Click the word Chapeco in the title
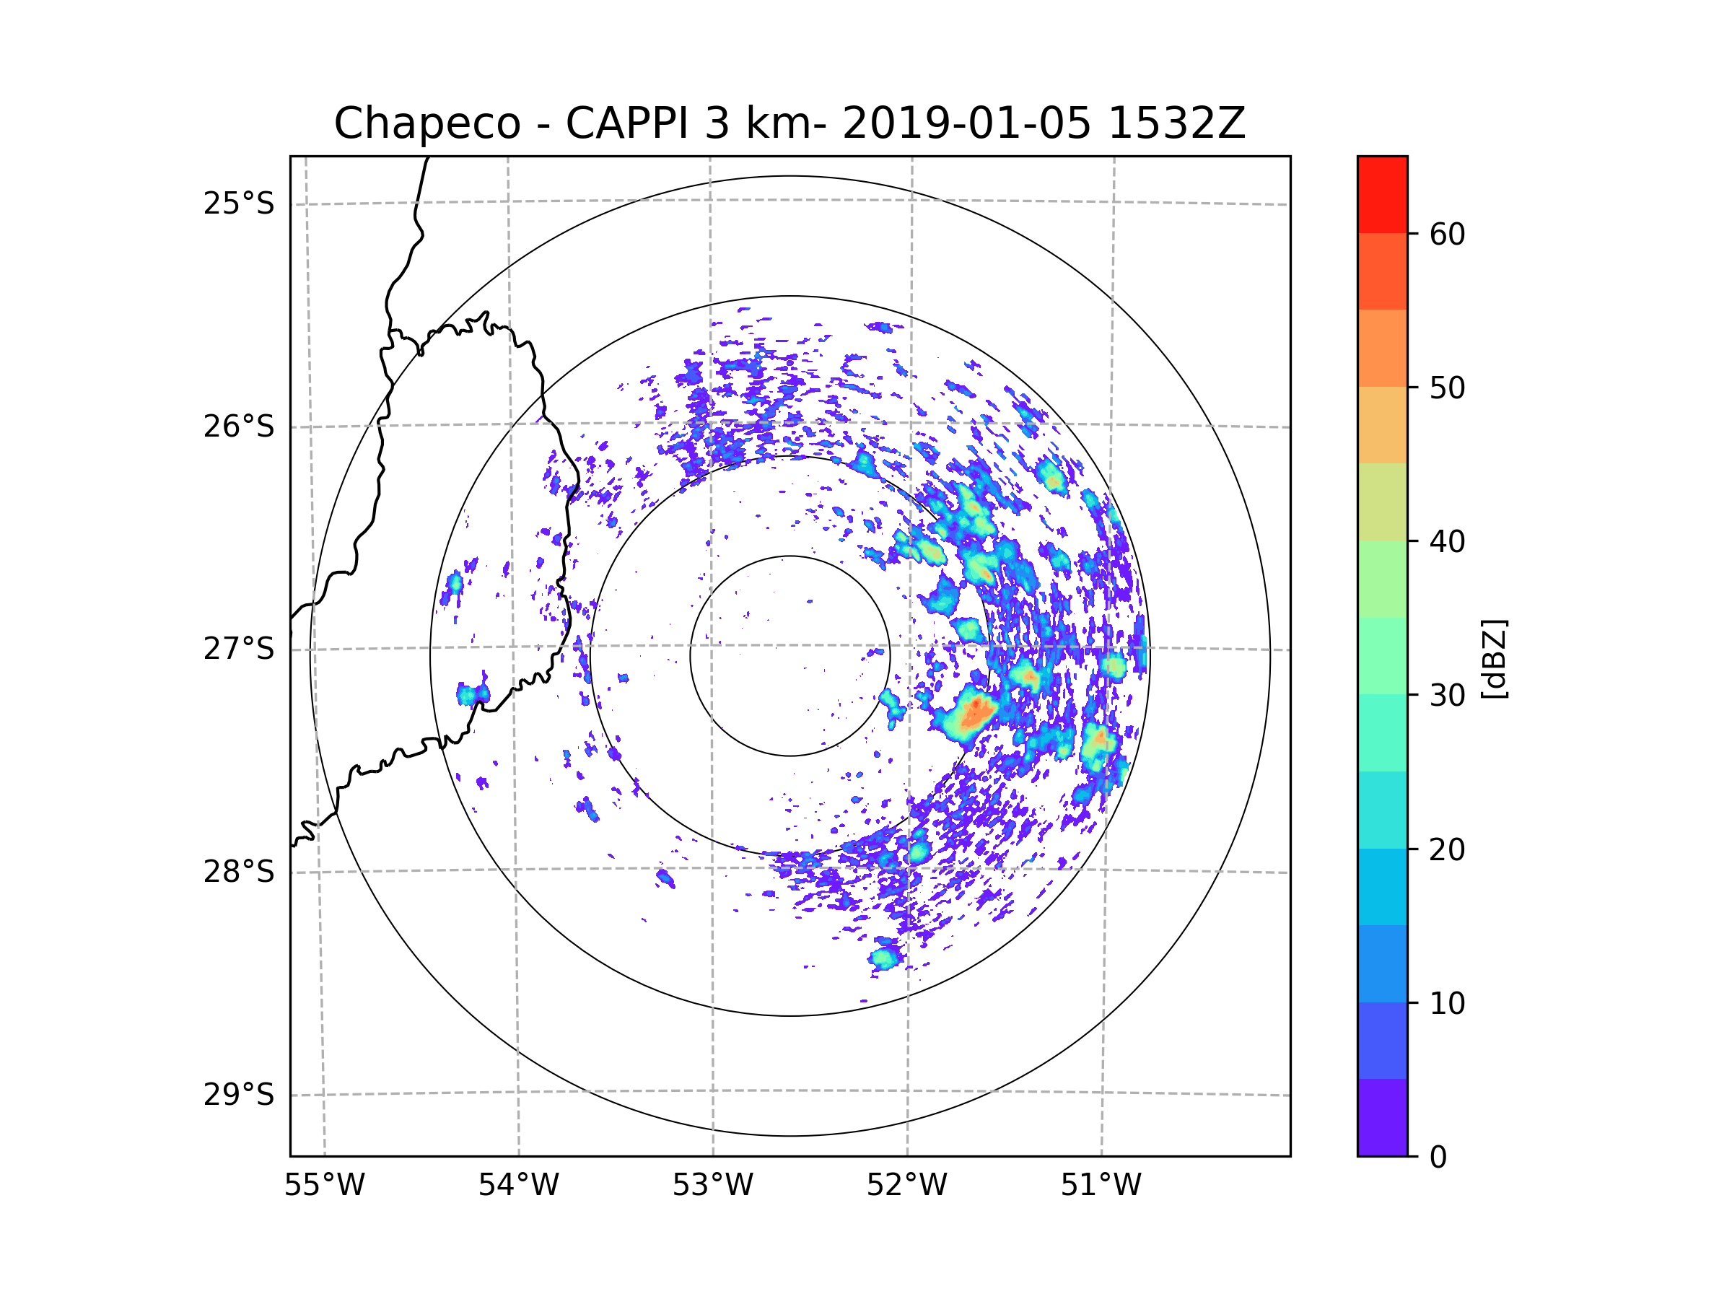point(427,123)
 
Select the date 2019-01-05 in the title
point(966,123)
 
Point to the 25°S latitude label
point(239,204)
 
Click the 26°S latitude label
point(239,427)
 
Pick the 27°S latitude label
point(239,649)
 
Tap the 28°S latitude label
point(239,872)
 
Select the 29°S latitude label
point(239,1095)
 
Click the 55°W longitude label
point(324,1186)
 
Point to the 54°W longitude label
point(518,1186)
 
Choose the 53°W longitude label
point(712,1186)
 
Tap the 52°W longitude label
point(906,1186)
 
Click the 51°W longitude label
point(1101,1186)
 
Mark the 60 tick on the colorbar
point(1447,234)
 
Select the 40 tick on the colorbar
point(1447,541)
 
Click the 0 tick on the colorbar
point(1438,1158)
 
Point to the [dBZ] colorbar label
point(1494,658)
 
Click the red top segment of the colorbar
point(1382,194)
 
